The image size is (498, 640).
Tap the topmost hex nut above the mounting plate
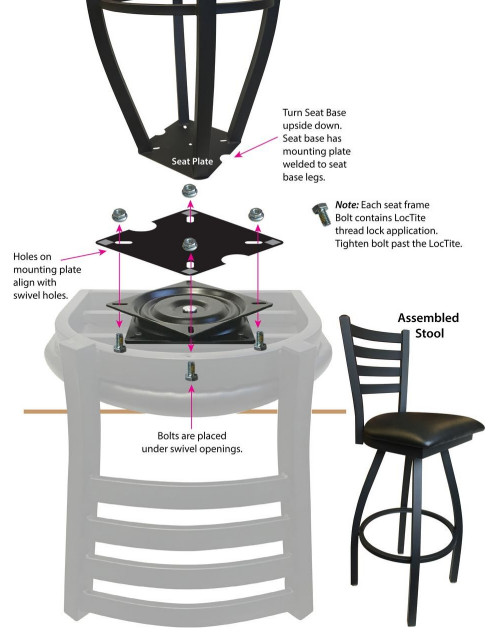pos(187,192)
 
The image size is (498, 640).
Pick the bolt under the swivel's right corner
pos(259,340)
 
